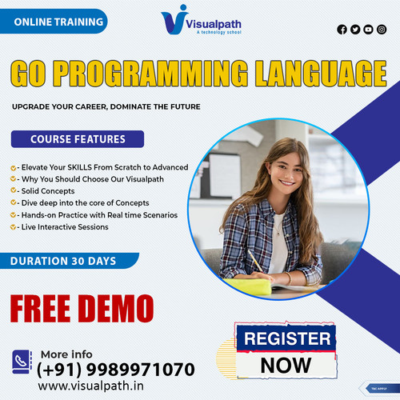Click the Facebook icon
342,30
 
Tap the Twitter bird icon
355,30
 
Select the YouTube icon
368,30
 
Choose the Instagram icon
381,30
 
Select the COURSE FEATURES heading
77,139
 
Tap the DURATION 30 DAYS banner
64,261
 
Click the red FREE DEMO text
82,306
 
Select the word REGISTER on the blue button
286,338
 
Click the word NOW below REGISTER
286,365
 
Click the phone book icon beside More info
22,362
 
